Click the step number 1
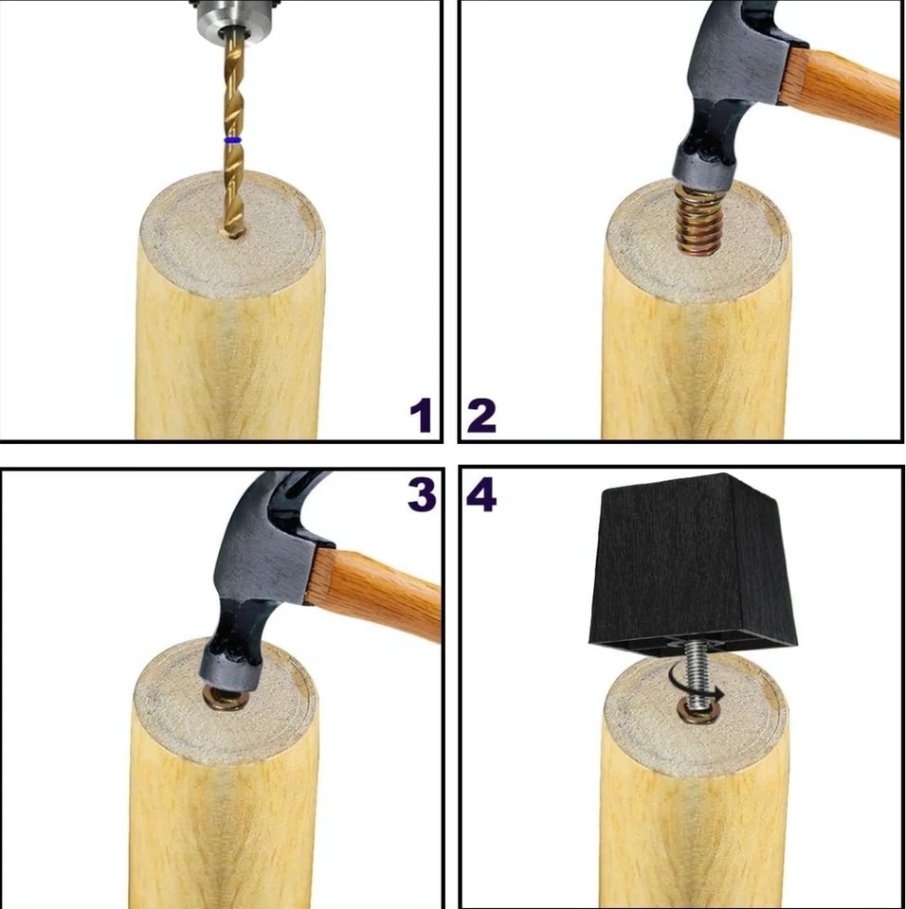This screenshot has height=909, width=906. point(420,416)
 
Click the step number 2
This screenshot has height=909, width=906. point(481,416)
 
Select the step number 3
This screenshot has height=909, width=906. point(421,494)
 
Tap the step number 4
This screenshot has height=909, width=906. point(481,494)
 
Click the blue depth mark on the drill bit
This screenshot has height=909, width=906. point(231,140)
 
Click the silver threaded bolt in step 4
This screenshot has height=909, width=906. point(698,672)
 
